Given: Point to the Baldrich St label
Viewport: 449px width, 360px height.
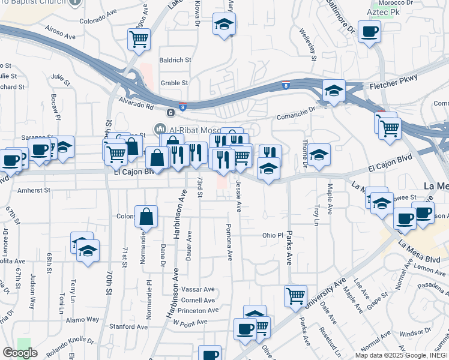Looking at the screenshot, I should (x=175, y=60).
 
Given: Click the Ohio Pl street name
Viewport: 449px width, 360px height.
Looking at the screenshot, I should (x=272, y=235).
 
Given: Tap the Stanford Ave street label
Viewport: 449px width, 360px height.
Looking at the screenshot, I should (x=128, y=327).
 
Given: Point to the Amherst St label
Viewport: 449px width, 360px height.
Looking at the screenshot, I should (x=34, y=190).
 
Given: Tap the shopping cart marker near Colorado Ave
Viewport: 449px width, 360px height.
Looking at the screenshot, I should (x=139, y=40).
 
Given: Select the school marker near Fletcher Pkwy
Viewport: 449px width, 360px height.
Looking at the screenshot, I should (x=334, y=91).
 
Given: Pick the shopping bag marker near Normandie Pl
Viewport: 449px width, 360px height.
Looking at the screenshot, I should (x=146, y=217).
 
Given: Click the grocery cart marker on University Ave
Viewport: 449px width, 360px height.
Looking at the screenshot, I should (x=295, y=296).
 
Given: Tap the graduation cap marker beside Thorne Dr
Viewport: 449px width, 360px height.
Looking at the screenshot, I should (x=319, y=155).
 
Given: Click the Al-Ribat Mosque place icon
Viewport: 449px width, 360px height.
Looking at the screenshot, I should (x=160, y=129).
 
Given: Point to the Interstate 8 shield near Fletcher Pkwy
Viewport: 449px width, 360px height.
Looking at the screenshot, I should (x=286, y=85).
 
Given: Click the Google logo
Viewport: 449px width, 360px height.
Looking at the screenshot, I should (x=20, y=353).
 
